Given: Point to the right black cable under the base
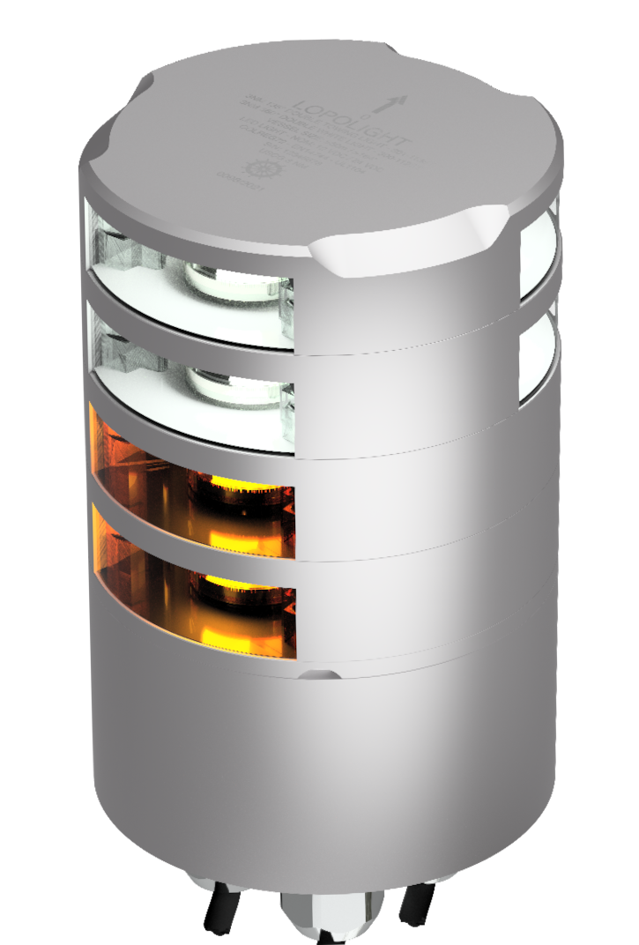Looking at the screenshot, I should [414, 908].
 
